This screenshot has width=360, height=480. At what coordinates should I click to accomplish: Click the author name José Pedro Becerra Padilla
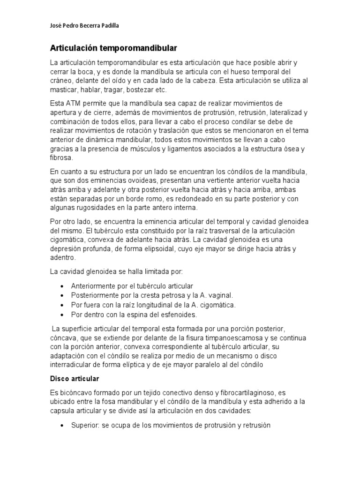pos(84,26)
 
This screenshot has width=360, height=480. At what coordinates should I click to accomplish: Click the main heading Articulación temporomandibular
pos(114,48)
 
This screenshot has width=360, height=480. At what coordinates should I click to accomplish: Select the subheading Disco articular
pos(74,378)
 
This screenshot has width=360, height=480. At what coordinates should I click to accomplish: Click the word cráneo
pos(61,81)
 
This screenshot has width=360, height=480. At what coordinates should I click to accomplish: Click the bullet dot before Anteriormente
pos(63,286)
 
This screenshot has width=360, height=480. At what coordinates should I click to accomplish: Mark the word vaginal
pos(217,295)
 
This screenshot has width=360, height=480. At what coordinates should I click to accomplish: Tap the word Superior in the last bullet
pos(84,426)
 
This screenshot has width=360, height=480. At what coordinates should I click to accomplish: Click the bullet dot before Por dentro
pos(63,315)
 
